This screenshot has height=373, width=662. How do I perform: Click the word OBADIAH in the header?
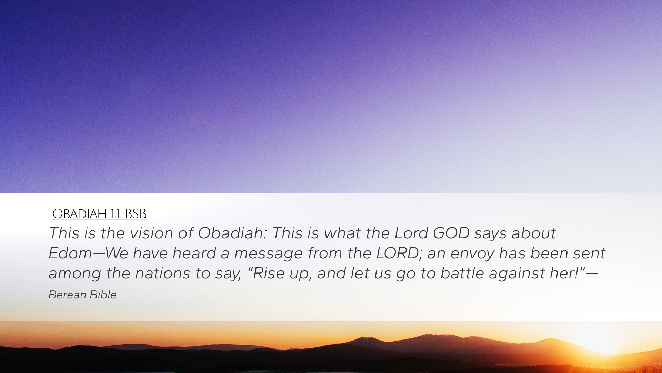point(79,214)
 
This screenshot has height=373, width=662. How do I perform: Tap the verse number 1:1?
point(116,214)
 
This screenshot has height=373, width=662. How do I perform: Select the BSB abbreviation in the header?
point(136,214)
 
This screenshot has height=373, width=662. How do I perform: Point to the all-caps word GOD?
point(451,233)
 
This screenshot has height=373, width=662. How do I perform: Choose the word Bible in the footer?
point(103,295)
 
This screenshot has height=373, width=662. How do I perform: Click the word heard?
point(194,253)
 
